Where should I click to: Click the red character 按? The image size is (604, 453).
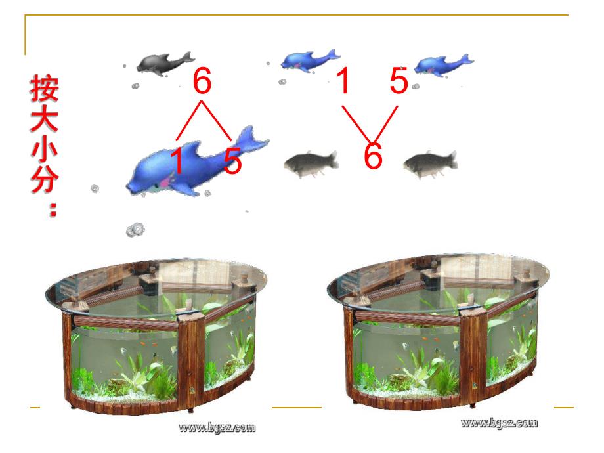(x=44, y=89)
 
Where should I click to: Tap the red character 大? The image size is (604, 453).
(x=44, y=118)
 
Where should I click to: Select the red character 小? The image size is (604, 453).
(x=44, y=148)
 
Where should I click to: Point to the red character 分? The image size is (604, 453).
(x=44, y=178)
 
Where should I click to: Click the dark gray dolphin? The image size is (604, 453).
(x=165, y=64)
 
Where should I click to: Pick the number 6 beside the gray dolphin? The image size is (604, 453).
(x=202, y=81)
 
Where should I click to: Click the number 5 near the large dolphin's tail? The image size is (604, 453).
(x=232, y=160)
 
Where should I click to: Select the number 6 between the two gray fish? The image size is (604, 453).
(x=373, y=156)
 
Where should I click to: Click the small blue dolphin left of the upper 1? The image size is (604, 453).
(x=310, y=60)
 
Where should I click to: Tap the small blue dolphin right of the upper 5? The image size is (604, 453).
(x=443, y=65)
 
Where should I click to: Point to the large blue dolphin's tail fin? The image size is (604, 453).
(x=250, y=139)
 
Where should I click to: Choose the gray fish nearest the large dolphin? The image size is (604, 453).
(x=311, y=163)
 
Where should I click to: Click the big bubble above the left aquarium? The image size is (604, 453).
(x=136, y=230)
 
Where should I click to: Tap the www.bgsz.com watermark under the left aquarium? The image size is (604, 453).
(x=217, y=427)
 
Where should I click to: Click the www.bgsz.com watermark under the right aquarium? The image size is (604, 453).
(x=499, y=423)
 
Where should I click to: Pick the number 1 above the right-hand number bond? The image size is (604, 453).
(x=343, y=80)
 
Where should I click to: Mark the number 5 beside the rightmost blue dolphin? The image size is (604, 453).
(x=399, y=80)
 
